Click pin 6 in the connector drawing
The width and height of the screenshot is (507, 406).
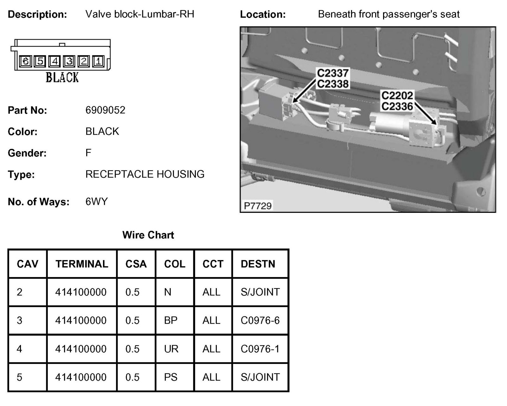click(26, 61)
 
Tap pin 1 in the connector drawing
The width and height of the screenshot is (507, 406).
click(99, 61)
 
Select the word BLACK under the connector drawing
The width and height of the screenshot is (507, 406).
click(62, 78)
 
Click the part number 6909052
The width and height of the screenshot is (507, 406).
click(105, 110)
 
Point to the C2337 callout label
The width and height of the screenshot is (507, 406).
click(333, 73)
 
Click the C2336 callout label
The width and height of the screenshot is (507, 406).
click(397, 106)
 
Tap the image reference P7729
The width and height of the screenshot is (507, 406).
click(258, 206)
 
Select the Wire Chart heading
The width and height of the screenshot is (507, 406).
click(148, 235)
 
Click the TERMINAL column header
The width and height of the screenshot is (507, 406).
click(82, 264)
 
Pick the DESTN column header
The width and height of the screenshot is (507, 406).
click(258, 264)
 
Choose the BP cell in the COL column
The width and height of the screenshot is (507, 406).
click(171, 320)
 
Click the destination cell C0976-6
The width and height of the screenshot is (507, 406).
click(260, 320)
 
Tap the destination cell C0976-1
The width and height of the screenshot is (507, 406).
click(260, 349)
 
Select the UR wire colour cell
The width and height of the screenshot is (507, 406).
click(171, 349)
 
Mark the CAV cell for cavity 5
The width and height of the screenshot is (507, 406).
click(20, 377)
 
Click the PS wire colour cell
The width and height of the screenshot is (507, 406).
click(171, 377)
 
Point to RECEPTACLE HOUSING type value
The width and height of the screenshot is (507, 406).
click(145, 174)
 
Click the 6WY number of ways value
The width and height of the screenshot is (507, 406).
click(97, 201)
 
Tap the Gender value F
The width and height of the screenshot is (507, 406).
click(88, 153)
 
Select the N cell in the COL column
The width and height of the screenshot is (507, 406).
click(168, 292)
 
